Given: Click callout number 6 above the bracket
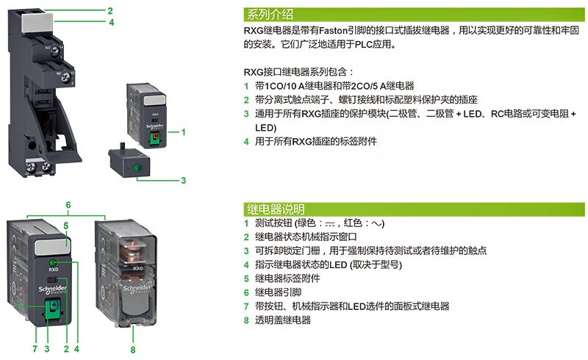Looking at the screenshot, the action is [68, 204].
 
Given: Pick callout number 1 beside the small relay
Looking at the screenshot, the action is [183, 132].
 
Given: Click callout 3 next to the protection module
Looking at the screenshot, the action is [183, 179].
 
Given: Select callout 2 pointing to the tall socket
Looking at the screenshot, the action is [110, 11].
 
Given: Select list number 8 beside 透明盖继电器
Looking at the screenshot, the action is [246, 320].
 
